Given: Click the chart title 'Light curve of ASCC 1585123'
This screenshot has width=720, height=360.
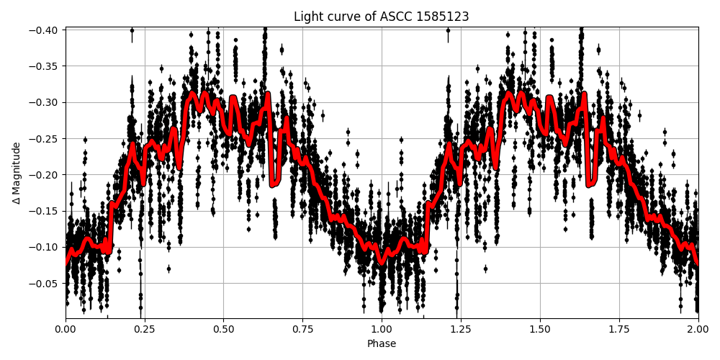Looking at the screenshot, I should click(381, 17).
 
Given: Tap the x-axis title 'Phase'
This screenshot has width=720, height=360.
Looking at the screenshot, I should click(381, 344).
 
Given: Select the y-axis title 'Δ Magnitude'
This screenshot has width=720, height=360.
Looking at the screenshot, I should click(16, 173).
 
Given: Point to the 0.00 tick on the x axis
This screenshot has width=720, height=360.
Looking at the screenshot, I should click(66, 330).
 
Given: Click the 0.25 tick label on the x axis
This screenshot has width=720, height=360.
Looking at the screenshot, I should click(144, 330).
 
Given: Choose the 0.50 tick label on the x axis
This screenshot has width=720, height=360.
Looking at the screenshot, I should click(223, 330).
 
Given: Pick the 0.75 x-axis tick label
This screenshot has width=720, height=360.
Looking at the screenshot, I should click(302, 330).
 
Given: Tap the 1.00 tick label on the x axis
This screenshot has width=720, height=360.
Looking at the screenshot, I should click(382, 330).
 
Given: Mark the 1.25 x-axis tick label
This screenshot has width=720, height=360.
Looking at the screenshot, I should click(461, 330).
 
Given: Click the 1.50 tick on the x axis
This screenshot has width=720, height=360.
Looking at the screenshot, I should click(540, 330).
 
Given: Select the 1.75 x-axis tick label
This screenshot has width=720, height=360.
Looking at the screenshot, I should click(619, 330).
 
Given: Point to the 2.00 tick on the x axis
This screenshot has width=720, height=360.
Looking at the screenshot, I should click(698, 330).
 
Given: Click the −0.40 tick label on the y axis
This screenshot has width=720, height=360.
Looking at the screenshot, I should click(45, 30).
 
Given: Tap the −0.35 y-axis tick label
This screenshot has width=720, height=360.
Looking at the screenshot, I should click(45, 66).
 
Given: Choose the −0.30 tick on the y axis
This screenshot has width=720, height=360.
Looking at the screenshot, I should click(45, 102).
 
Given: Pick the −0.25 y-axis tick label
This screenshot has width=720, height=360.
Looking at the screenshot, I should click(45, 138).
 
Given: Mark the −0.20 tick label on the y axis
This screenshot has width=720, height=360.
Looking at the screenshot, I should click(45, 175).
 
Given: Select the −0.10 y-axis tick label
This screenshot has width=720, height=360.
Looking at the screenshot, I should click(45, 247).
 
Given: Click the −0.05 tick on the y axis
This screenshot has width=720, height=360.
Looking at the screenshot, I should click(45, 283).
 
